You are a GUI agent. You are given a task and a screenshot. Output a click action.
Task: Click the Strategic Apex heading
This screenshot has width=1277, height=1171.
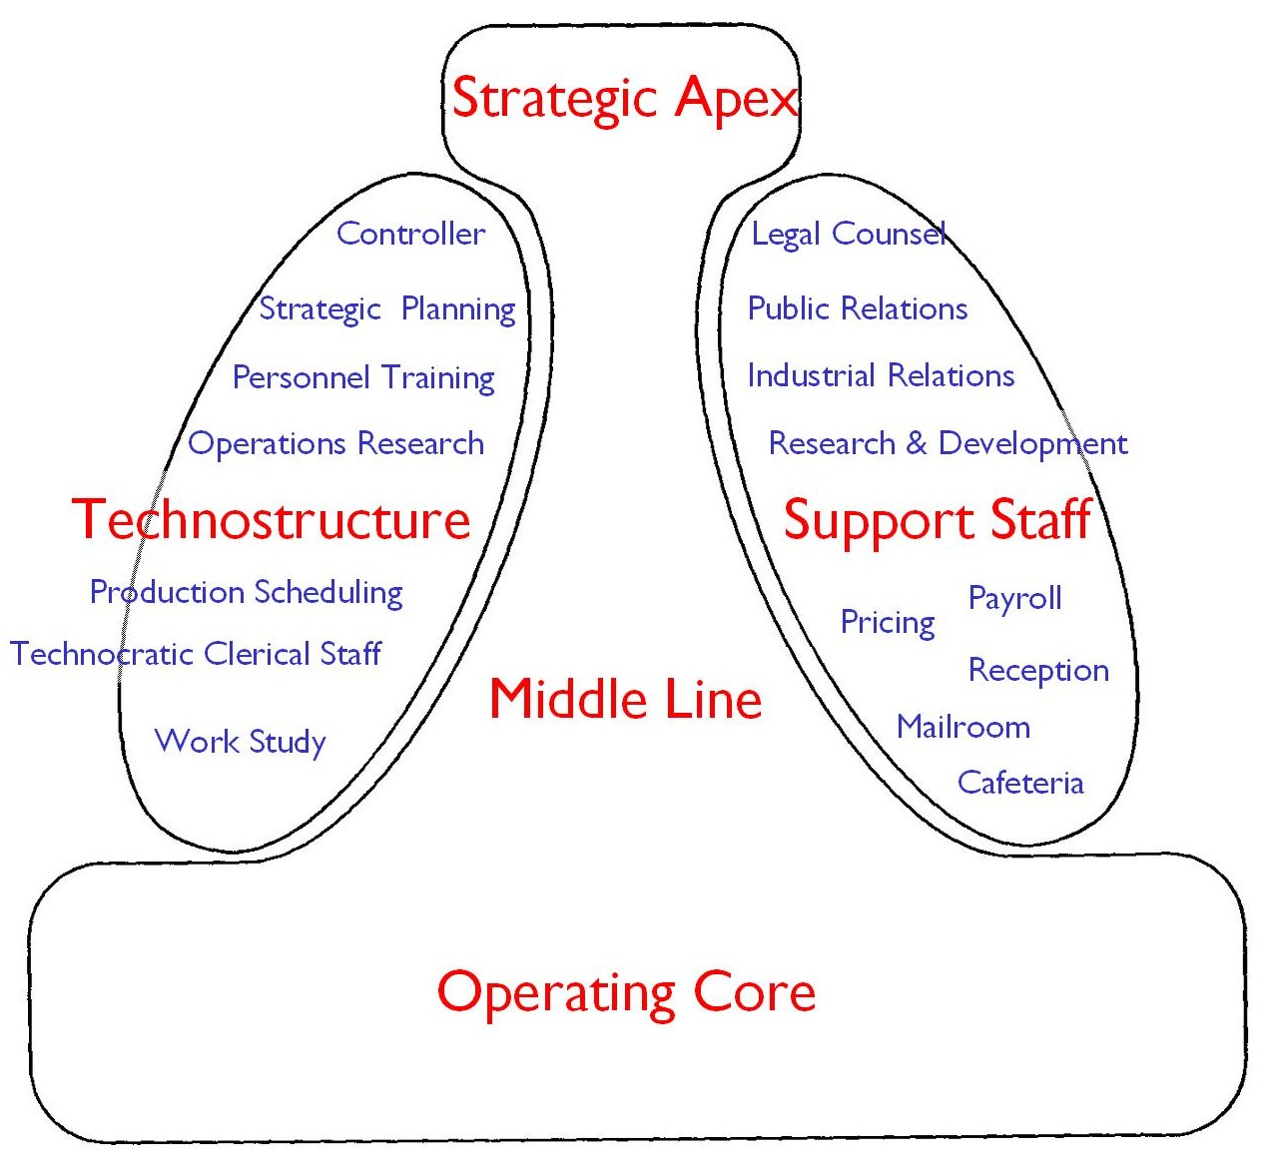coord(625,99)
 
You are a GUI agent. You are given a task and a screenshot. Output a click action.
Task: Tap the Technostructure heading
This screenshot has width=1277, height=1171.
coord(271,520)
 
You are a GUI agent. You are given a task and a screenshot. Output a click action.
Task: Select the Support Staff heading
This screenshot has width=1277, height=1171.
coord(937,520)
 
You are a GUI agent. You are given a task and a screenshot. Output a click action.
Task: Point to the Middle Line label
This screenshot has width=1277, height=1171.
coord(625,699)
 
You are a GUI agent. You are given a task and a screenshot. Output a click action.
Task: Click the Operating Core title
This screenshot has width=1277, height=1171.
coord(626,992)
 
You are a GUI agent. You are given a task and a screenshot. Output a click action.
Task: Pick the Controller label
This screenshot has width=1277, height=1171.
coord(410,234)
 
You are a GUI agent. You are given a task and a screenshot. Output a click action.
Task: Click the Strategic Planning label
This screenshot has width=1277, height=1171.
coord(386,309)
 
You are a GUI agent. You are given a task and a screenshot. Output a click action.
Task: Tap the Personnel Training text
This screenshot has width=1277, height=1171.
coord(363,378)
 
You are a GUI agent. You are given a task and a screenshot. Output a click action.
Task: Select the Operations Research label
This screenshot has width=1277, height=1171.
coord(335,443)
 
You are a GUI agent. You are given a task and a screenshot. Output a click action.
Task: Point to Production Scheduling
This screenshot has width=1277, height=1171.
coord(247,592)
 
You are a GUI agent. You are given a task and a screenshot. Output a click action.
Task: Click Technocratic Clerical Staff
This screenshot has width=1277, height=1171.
coord(196,654)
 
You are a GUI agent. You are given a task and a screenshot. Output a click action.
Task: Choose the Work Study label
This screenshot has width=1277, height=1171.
coord(241,742)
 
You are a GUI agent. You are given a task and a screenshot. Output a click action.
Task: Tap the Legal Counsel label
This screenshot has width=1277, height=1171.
coord(848,235)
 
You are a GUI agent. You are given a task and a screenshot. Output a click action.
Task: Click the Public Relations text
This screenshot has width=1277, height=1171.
coord(858,308)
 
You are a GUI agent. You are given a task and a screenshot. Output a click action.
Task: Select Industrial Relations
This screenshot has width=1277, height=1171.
coord(881,376)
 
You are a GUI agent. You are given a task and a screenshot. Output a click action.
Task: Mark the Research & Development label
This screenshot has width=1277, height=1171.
coord(948,443)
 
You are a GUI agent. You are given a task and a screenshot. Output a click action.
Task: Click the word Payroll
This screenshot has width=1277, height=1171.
coord(1014,599)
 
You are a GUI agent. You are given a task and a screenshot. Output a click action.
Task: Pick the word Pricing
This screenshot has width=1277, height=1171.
coord(888,623)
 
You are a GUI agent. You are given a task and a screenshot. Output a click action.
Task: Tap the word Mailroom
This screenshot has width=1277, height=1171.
coord(962,727)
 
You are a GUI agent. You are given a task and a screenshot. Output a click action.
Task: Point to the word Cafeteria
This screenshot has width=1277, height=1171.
coord(1020,783)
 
